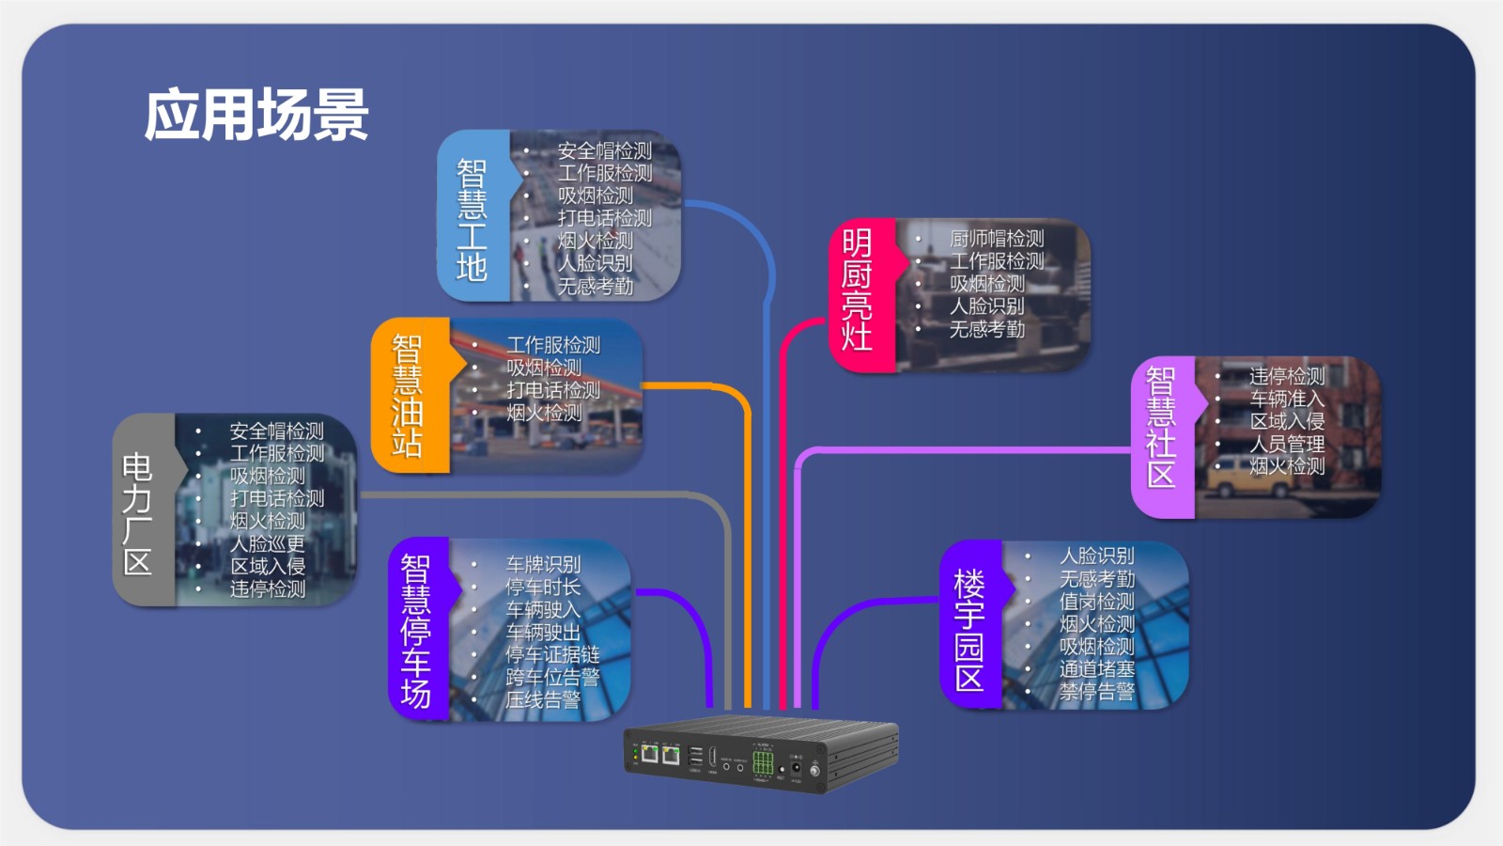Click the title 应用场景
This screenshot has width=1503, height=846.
[x=256, y=115]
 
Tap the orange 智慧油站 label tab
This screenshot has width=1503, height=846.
[x=408, y=396]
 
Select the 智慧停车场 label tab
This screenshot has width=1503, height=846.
[x=416, y=630]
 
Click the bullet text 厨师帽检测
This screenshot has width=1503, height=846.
[x=997, y=239]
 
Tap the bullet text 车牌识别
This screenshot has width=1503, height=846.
[x=543, y=565]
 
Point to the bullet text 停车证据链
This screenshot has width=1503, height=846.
[x=552, y=654]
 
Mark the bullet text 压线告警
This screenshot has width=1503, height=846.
[x=543, y=699]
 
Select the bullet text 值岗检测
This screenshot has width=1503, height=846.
[x=1096, y=602]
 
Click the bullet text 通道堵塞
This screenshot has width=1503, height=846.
[x=1096, y=669]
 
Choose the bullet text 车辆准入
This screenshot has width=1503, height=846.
[x=1286, y=399]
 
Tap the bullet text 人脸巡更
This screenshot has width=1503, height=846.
[x=268, y=543]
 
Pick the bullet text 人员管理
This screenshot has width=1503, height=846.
[x=1286, y=444]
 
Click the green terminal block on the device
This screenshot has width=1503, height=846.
[x=763, y=762]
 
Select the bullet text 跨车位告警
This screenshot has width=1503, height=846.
[x=552, y=677]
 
